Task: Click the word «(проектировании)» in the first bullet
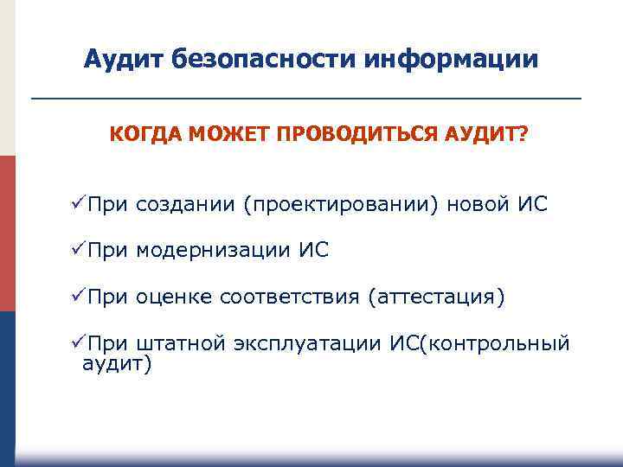pos(341,206)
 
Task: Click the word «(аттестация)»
pos(435,298)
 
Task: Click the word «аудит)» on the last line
pos(116,364)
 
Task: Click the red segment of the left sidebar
pos(8,233)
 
